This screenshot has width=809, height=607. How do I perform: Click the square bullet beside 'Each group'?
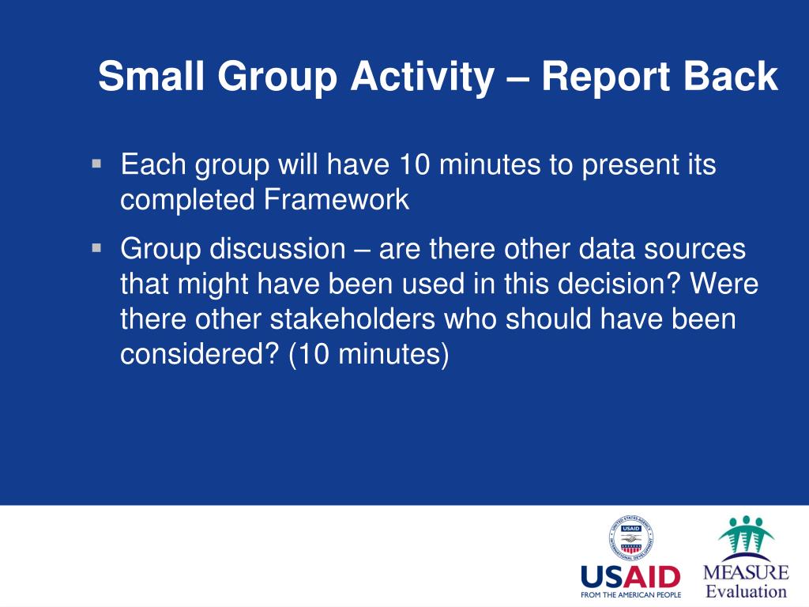96,164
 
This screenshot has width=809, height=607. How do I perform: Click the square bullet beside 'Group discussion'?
96,247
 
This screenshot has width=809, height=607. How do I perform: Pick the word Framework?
337,199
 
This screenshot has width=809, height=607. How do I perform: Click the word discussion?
277,248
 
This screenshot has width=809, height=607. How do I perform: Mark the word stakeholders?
352,319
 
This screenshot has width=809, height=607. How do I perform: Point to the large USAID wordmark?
630,576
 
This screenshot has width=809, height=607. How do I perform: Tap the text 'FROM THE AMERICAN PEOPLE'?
630,594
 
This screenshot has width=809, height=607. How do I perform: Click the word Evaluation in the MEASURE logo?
746,591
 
